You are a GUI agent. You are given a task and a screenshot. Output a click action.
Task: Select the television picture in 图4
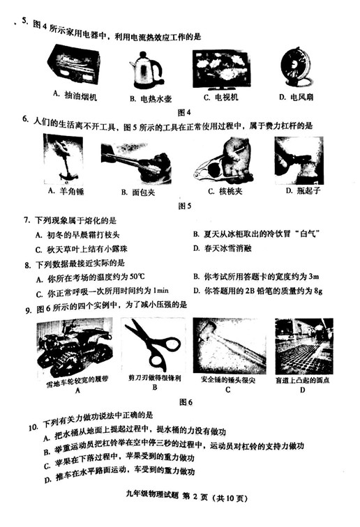pos(221,68)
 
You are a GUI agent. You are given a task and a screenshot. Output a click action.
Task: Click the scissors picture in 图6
pos(153,344)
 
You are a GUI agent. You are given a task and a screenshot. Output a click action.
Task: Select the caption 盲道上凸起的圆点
pos(301,381)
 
